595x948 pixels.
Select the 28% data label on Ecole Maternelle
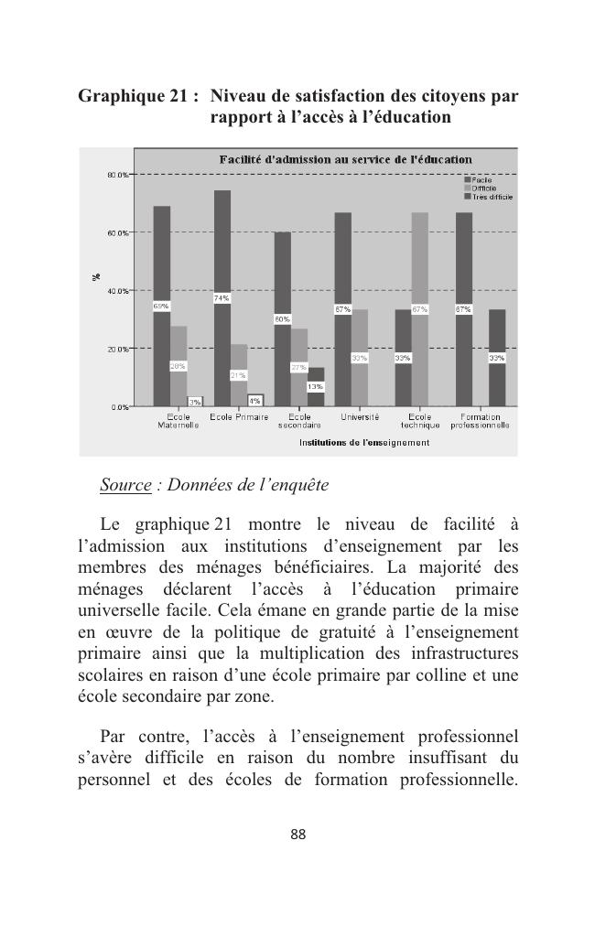click(178, 366)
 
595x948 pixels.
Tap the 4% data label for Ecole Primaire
click(255, 401)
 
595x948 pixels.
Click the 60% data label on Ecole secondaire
click(282, 319)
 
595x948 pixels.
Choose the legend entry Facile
click(481, 180)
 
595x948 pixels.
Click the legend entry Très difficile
click(491, 197)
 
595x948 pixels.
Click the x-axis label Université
click(360, 417)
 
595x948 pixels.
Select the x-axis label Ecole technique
click(419, 421)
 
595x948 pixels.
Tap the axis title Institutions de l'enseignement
click(364, 443)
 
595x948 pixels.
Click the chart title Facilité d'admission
click(345, 160)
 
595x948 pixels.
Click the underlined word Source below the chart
click(125, 485)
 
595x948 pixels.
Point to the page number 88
click(297, 835)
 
